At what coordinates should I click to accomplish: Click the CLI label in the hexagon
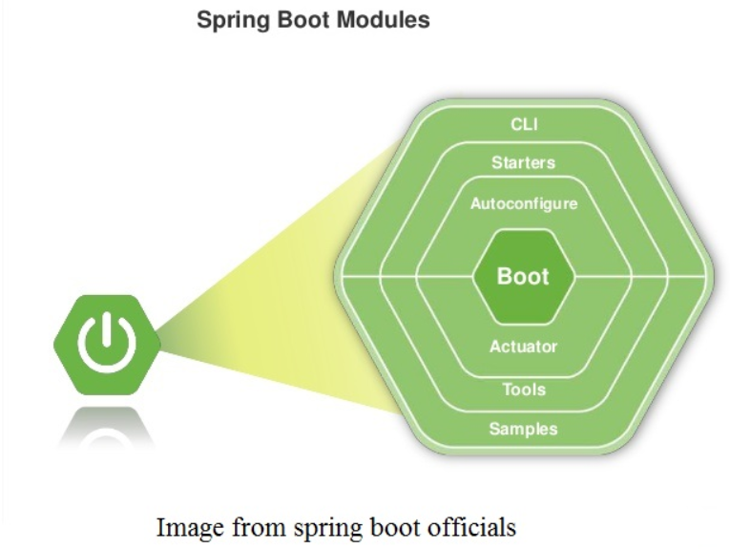523,126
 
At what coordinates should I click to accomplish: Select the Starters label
523,162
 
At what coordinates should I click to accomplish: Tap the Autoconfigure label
523,203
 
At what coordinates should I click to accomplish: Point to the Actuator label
523,347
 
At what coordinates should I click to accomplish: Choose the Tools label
523,390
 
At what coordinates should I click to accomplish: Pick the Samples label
523,429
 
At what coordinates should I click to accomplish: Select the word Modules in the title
383,19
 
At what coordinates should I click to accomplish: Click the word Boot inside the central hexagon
523,277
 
